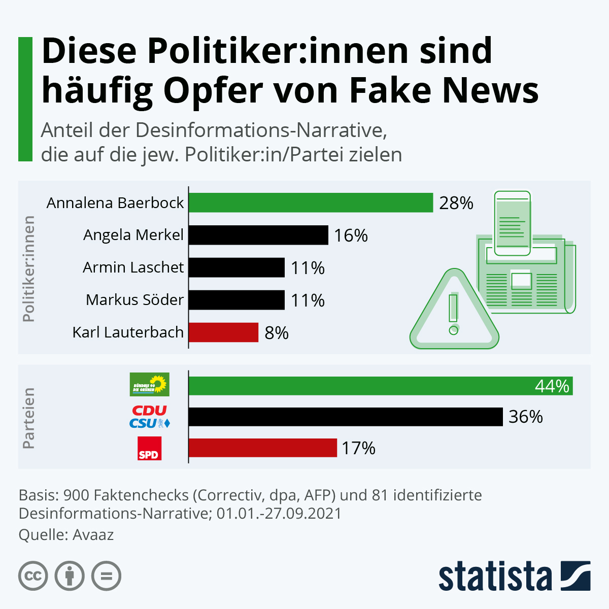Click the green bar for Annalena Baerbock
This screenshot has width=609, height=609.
(311, 202)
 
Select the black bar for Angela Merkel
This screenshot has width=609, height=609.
(258, 235)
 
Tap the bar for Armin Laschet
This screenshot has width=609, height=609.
(236, 267)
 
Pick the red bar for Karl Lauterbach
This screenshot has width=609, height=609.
(223, 332)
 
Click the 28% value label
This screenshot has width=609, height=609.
(456, 203)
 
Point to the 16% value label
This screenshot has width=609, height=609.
(351, 235)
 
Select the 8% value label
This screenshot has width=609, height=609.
(277, 333)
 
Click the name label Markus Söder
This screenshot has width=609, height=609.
(134, 300)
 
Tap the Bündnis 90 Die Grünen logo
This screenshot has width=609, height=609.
(149, 385)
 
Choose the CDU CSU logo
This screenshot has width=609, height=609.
(149, 417)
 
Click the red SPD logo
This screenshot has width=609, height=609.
(149, 449)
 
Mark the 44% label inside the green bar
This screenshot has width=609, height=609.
(552, 386)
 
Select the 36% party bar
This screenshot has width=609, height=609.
(345, 417)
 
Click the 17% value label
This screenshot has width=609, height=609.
(358, 448)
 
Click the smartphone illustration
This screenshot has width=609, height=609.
(513, 223)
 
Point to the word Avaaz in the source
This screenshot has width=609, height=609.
(93, 535)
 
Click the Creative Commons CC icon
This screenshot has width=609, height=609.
(33, 576)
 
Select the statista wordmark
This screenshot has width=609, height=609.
(495, 576)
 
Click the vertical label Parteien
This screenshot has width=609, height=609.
(29, 418)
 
